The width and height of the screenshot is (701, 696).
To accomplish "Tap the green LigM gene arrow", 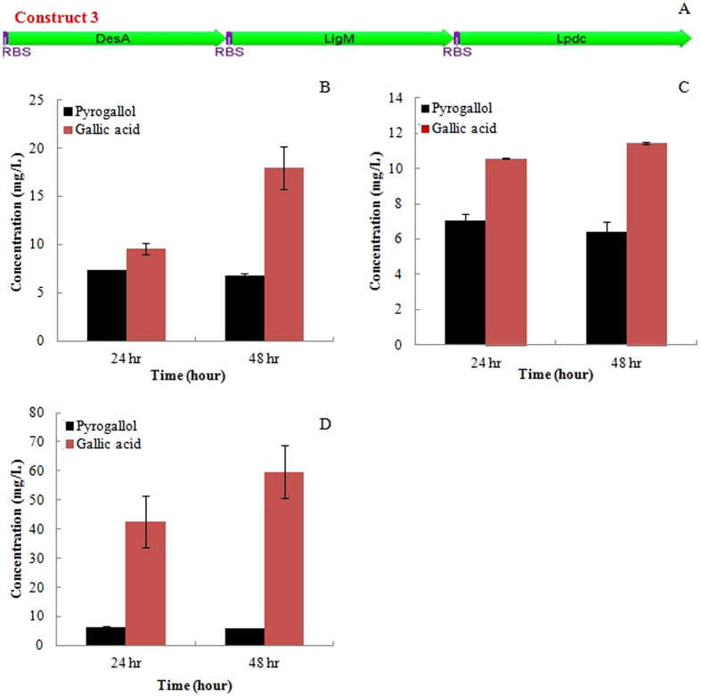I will tap(341, 37).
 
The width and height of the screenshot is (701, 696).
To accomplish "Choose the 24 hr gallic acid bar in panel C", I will tap(505, 251).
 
